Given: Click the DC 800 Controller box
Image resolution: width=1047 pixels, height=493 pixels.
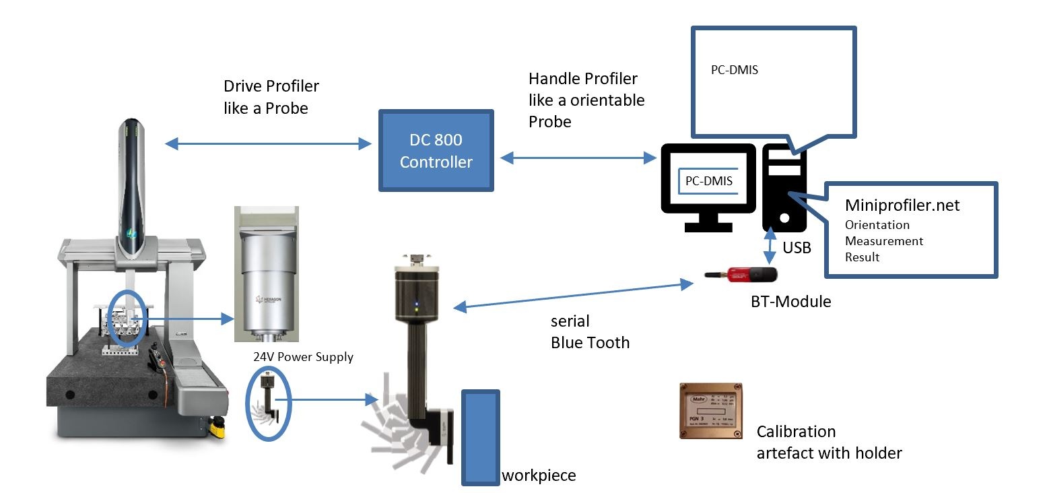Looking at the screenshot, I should coord(436,151).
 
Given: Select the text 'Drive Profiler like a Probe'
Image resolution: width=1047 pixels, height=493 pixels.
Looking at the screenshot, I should coord(271,97).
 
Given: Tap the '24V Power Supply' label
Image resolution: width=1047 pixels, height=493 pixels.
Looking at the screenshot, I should coord(303,357).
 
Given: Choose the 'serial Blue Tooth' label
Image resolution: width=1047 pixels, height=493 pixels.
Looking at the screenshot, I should coord(590,332).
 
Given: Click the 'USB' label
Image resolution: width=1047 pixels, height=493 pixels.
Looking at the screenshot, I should coord(797,248).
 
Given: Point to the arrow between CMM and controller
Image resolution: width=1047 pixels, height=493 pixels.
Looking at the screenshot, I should coord(268,143).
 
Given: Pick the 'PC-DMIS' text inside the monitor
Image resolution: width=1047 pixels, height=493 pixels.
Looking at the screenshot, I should coord(708,180).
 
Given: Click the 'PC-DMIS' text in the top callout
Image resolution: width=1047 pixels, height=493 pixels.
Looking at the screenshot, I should coord(735,69).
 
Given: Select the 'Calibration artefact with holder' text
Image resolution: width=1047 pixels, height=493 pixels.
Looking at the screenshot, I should coord(829,442).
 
